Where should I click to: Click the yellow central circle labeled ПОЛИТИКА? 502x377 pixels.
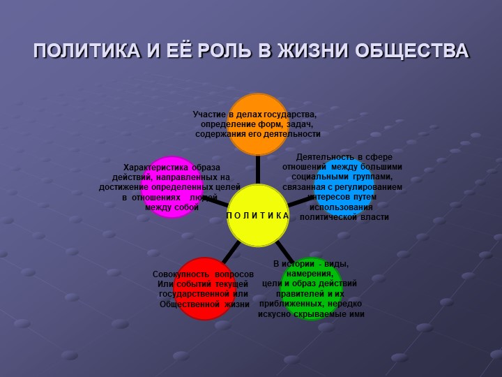(258, 216)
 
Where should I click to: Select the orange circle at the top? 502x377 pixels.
(258, 124)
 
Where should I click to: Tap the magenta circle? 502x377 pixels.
(172, 187)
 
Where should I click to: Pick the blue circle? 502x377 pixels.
(344, 187)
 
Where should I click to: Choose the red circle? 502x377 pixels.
(204, 288)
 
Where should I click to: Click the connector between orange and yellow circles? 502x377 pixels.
(258, 170)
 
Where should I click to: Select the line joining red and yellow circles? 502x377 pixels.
(231, 252)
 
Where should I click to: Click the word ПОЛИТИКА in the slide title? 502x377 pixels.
(86, 50)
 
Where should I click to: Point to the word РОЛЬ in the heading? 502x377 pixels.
(224, 50)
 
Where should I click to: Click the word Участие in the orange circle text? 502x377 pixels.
(209, 114)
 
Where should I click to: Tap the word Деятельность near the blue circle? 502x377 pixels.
(325, 157)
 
